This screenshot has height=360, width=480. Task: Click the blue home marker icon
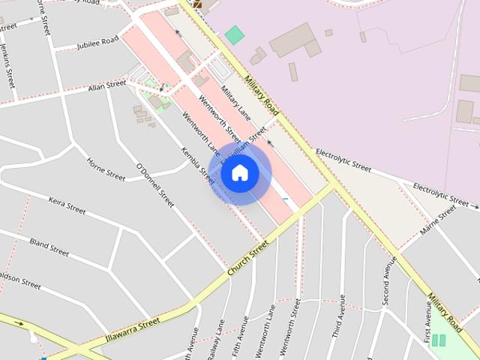coord(240,173)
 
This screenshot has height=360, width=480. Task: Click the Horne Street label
coord(106,169)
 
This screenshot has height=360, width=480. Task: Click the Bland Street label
coord(49,247)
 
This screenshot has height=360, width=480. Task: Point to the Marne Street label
coord(438,220)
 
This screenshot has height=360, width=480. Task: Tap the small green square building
coord(235,34)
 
